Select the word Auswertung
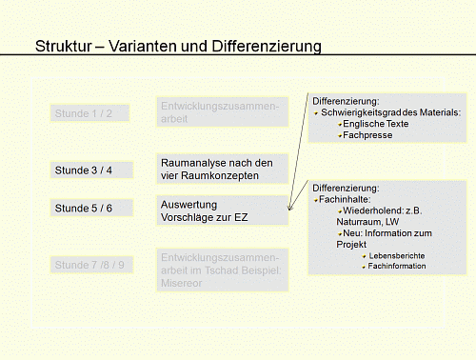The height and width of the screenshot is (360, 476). point(189,205)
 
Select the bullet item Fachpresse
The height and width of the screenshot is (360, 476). point(367,135)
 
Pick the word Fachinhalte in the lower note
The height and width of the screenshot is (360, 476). point(348,199)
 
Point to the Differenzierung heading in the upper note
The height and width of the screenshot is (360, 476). point(346,101)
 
